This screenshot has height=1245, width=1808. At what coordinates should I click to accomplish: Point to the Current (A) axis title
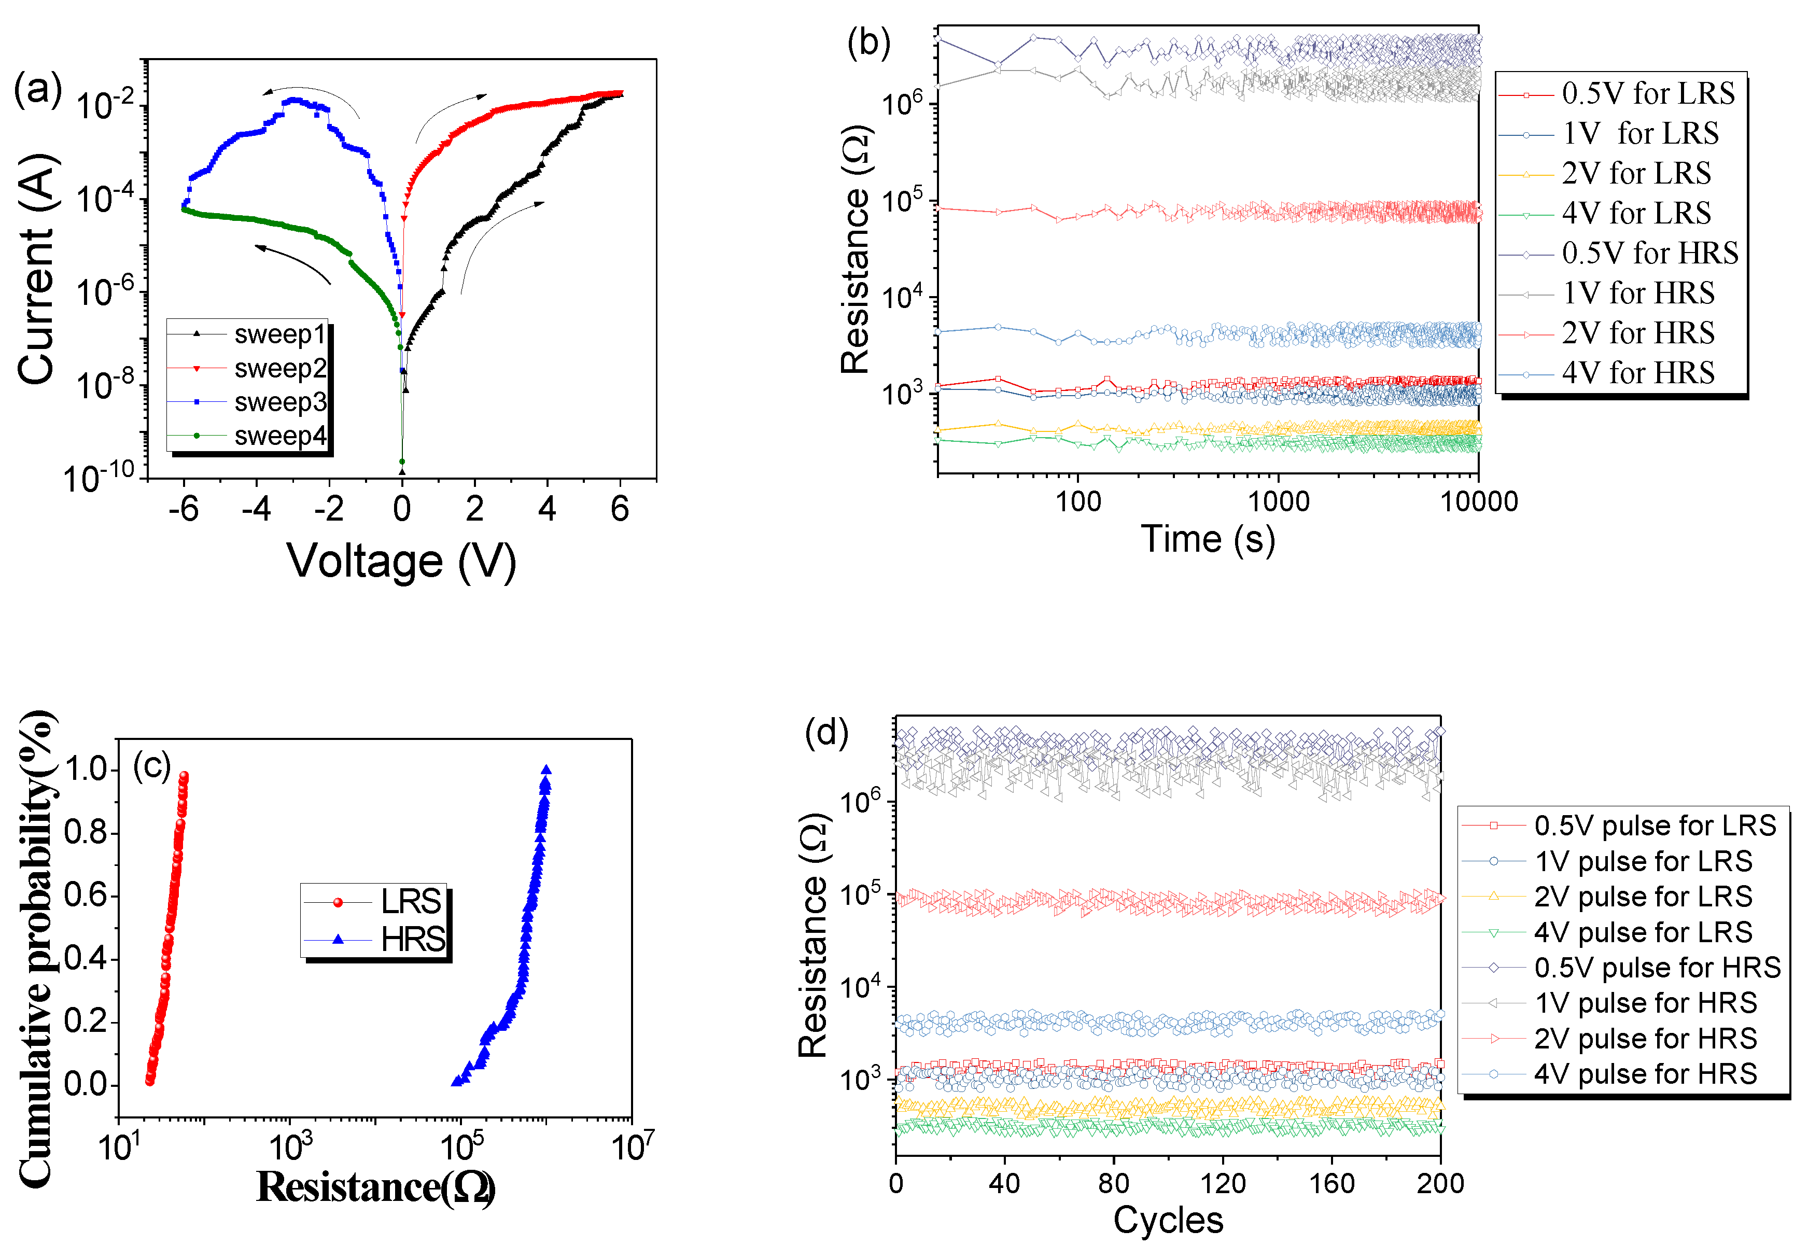(37, 269)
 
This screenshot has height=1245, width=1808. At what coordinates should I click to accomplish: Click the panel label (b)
(868, 43)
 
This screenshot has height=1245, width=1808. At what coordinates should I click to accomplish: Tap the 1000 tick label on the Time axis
(1279, 501)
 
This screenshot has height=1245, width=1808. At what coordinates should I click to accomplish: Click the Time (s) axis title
(1208, 539)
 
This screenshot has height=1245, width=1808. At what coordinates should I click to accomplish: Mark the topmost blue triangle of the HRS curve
(546, 770)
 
